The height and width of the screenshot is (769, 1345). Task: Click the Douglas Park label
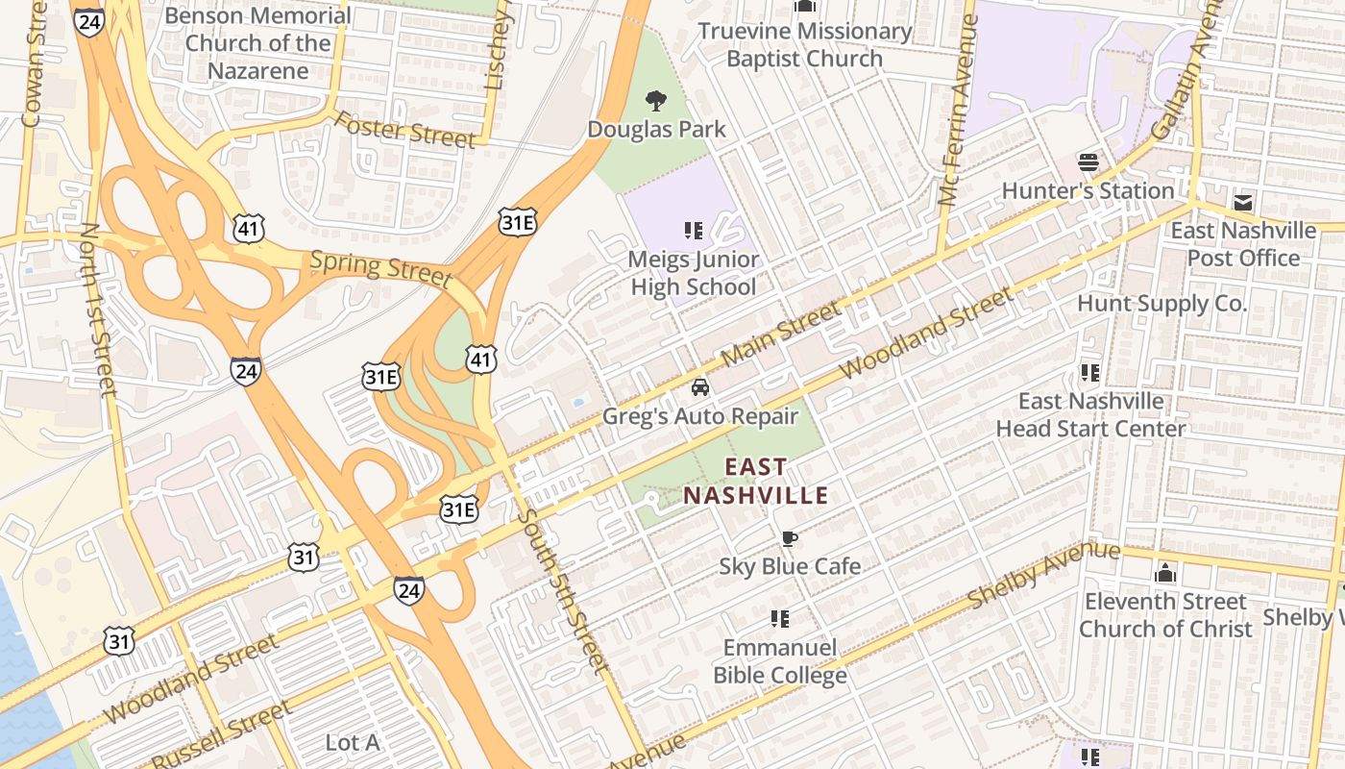pyautogui.click(x=656, y=129)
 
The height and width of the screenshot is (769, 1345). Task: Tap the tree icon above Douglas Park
pyautogui.click(x=656, y=99)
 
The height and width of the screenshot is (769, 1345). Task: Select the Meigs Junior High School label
pyautogui.click(x=693, y=273)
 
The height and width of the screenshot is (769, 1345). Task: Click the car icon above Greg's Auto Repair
pyautogui.click(x=700, y=387)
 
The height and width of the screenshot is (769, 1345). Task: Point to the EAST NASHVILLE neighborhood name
pyautogui.click(x=755, y=482)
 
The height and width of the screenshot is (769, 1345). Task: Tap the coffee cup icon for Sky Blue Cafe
pyautogui.click(x=789, y=538)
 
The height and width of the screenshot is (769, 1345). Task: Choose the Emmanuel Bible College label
pyautogui.click(x=780, y=661)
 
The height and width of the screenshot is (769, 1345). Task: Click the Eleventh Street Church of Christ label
pyautogui.click(x=1165, y=615)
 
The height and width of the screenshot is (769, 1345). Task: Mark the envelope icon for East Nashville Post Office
pyautogui.click(x=1243, y=203)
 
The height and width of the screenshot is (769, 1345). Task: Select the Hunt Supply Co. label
pyautogui.click(x=1162, y=304)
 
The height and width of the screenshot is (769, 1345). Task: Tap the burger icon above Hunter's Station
pyautogui.click(x=1088, y=161)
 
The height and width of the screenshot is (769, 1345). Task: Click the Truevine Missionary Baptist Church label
pyautogui.click(x=804, y=44)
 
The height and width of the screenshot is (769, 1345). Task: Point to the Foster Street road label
pyautogui.click(x=404, y=130)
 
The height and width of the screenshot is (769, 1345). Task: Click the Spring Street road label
pyautogui.click(x=380, y=268)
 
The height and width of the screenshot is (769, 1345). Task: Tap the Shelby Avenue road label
pyautogui.click(x=1043, y=574)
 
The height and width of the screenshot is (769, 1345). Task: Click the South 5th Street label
pyautogui.click(x=563, y=590)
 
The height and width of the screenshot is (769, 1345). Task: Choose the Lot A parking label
pyautogui.click(x=352, y=743)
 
